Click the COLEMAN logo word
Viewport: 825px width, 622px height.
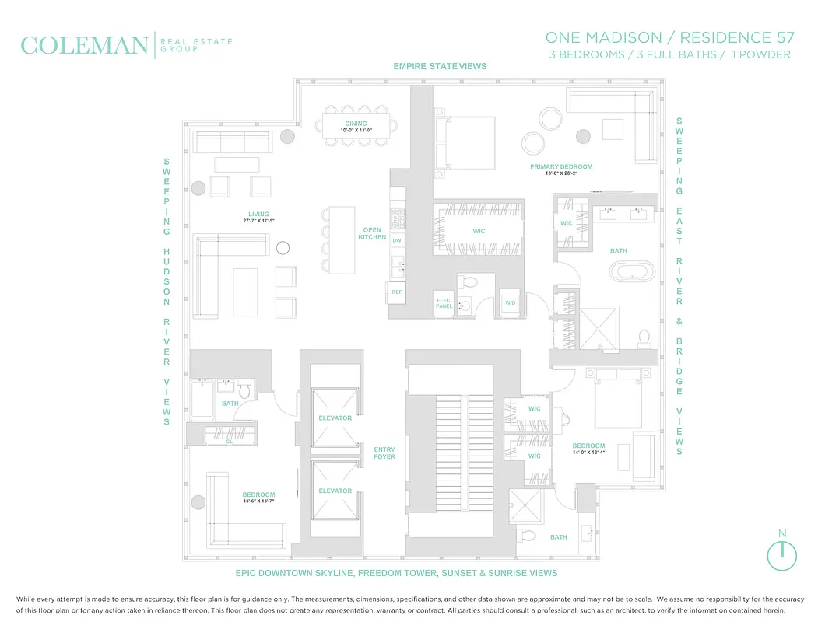pyautogui.click(x=84, y=45)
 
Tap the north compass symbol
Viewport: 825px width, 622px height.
pyautogui.click(x=781, y=554)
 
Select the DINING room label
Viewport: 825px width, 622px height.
pyautogui.click(x=356, y=124)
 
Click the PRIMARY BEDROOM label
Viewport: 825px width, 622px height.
pyautogui.click(x=561, y=166)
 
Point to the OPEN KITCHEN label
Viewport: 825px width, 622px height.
pyautogui.click(x=372, y=233)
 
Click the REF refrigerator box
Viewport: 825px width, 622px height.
pyautogui.click(x=397, y=292)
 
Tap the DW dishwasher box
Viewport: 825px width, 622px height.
pyautogui.click(x=397, y=241)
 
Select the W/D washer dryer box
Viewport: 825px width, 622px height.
pyautogui.click(x=511, y=302)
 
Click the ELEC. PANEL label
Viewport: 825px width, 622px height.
pyautogui.click(x=444, y=303)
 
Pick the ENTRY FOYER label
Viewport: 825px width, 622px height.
pyautogui.click(x=384, y=453)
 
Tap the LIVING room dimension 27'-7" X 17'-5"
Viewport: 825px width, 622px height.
pyautogui.click(x=258, y=222)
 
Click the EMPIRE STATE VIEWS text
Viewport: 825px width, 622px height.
pyautogui.click(x=440, y=66)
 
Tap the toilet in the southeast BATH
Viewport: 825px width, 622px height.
pyautogui.click(x=528, y=535)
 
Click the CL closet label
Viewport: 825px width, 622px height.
pyautogui.click(x=229, y=441)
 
